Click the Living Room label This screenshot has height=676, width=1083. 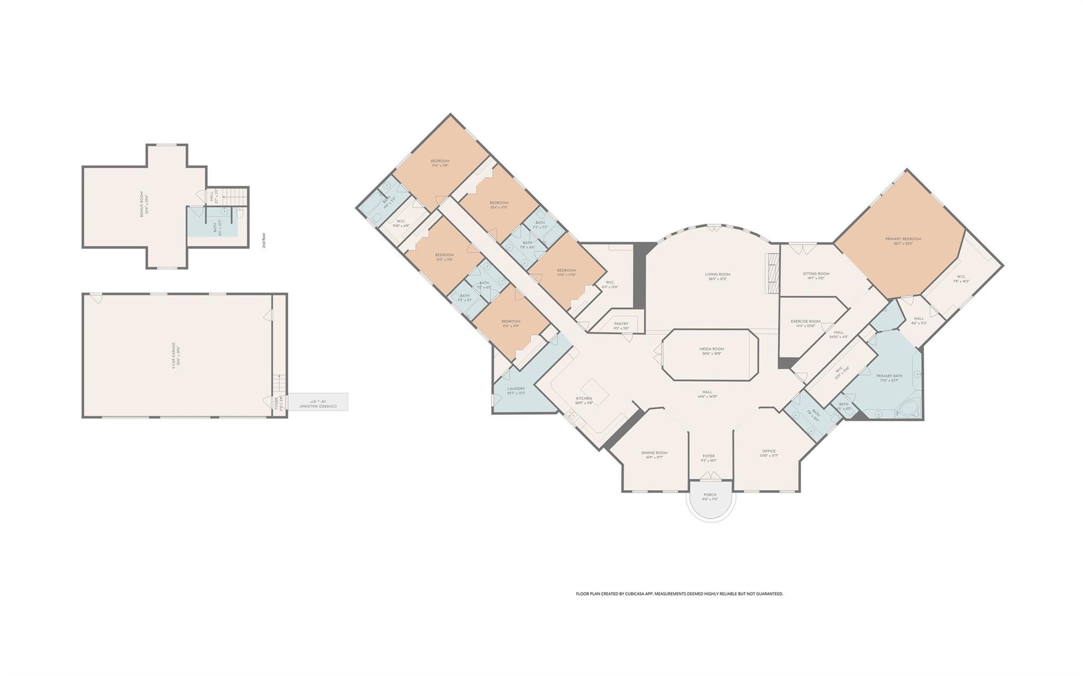click(x=717, y=274)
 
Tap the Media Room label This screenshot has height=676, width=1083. click(x=711, y=349)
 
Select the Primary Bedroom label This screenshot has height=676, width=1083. click(x=903, y=239)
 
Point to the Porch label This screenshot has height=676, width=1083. click(x=710, y=495)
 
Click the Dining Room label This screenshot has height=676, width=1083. click(x=654, y=452)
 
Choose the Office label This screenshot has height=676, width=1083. click(x=768, y=451)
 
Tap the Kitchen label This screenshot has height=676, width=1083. click(x=584, y=399)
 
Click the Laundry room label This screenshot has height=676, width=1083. click(x=516, y=388)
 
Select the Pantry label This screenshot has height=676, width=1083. click(x=621, y=323)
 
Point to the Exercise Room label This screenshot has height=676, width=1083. click(x=805, y=321)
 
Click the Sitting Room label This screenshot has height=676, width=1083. click(x=816, y=274)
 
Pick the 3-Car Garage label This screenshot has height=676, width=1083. click(x=173, y=355)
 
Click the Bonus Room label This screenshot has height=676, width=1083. click(x=142, y=207)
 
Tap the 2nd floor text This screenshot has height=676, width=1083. click(x=264, y=240)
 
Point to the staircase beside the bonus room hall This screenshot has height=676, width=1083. click(x=234, y=196)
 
